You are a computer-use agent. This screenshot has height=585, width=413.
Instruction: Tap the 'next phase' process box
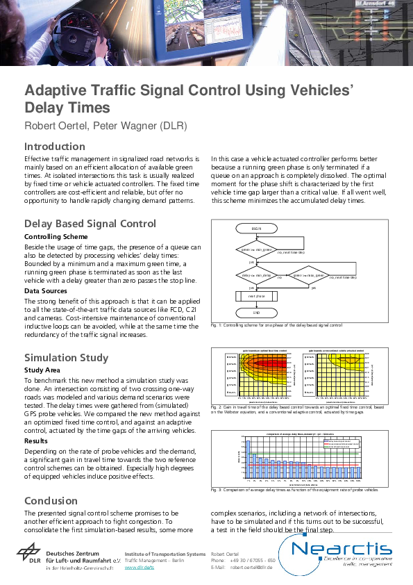pyautogui.click(x=257, y=296)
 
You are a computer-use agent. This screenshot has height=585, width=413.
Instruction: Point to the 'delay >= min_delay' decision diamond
pyautogui.click(x=256, y=276)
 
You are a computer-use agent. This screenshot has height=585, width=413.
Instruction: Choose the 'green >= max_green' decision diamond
pyautogui.click(x=307, y=276)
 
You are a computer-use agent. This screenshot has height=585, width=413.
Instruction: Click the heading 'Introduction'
pyautogui.click(x=55, y=147)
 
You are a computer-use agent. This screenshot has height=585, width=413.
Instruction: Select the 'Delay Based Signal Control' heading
pyautogui.click(x=90, y=224)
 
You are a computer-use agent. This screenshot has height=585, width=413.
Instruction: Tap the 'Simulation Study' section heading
pyautogui.click(x=67, y=358)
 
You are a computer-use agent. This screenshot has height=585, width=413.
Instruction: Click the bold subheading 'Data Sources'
pyautogui.click(x=47, y=290)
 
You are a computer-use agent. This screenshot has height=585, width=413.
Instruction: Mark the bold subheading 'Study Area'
pyautogui.click(x=43, y=370)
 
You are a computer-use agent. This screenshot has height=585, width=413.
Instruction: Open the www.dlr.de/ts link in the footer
pyautogui.click(x=140, y=568)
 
